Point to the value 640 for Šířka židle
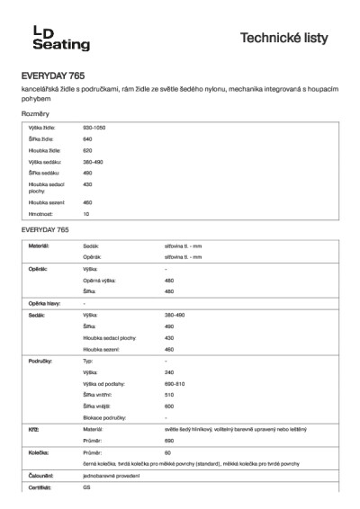[87, 139]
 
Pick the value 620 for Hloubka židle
[87, 150]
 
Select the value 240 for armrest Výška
[169, 371]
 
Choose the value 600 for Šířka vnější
[169, 406]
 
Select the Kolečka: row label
[38, 453]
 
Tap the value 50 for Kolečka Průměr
[167, 453]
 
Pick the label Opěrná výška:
[100, 281]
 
